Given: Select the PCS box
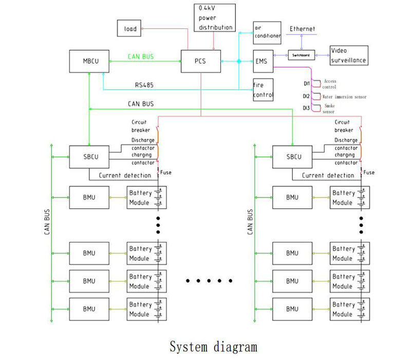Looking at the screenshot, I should tap(201, 62).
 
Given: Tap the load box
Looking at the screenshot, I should tap(130, 29).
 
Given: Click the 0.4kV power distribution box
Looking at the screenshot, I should tap(215, 17).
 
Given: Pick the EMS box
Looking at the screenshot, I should tap(263, 61).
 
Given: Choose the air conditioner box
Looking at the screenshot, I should tap(267, 32).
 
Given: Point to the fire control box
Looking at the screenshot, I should tap(263, 90).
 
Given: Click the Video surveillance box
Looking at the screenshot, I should tap(349, 56).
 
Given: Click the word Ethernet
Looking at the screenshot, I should tap(302, 29).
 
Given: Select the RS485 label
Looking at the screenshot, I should tap(144, 85).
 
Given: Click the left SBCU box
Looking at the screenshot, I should tap(88, 157).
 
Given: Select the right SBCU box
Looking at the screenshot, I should tap(291, 157).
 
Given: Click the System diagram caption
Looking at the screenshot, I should tap(213, 346).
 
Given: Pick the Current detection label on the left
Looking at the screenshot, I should tap(125, 175).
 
